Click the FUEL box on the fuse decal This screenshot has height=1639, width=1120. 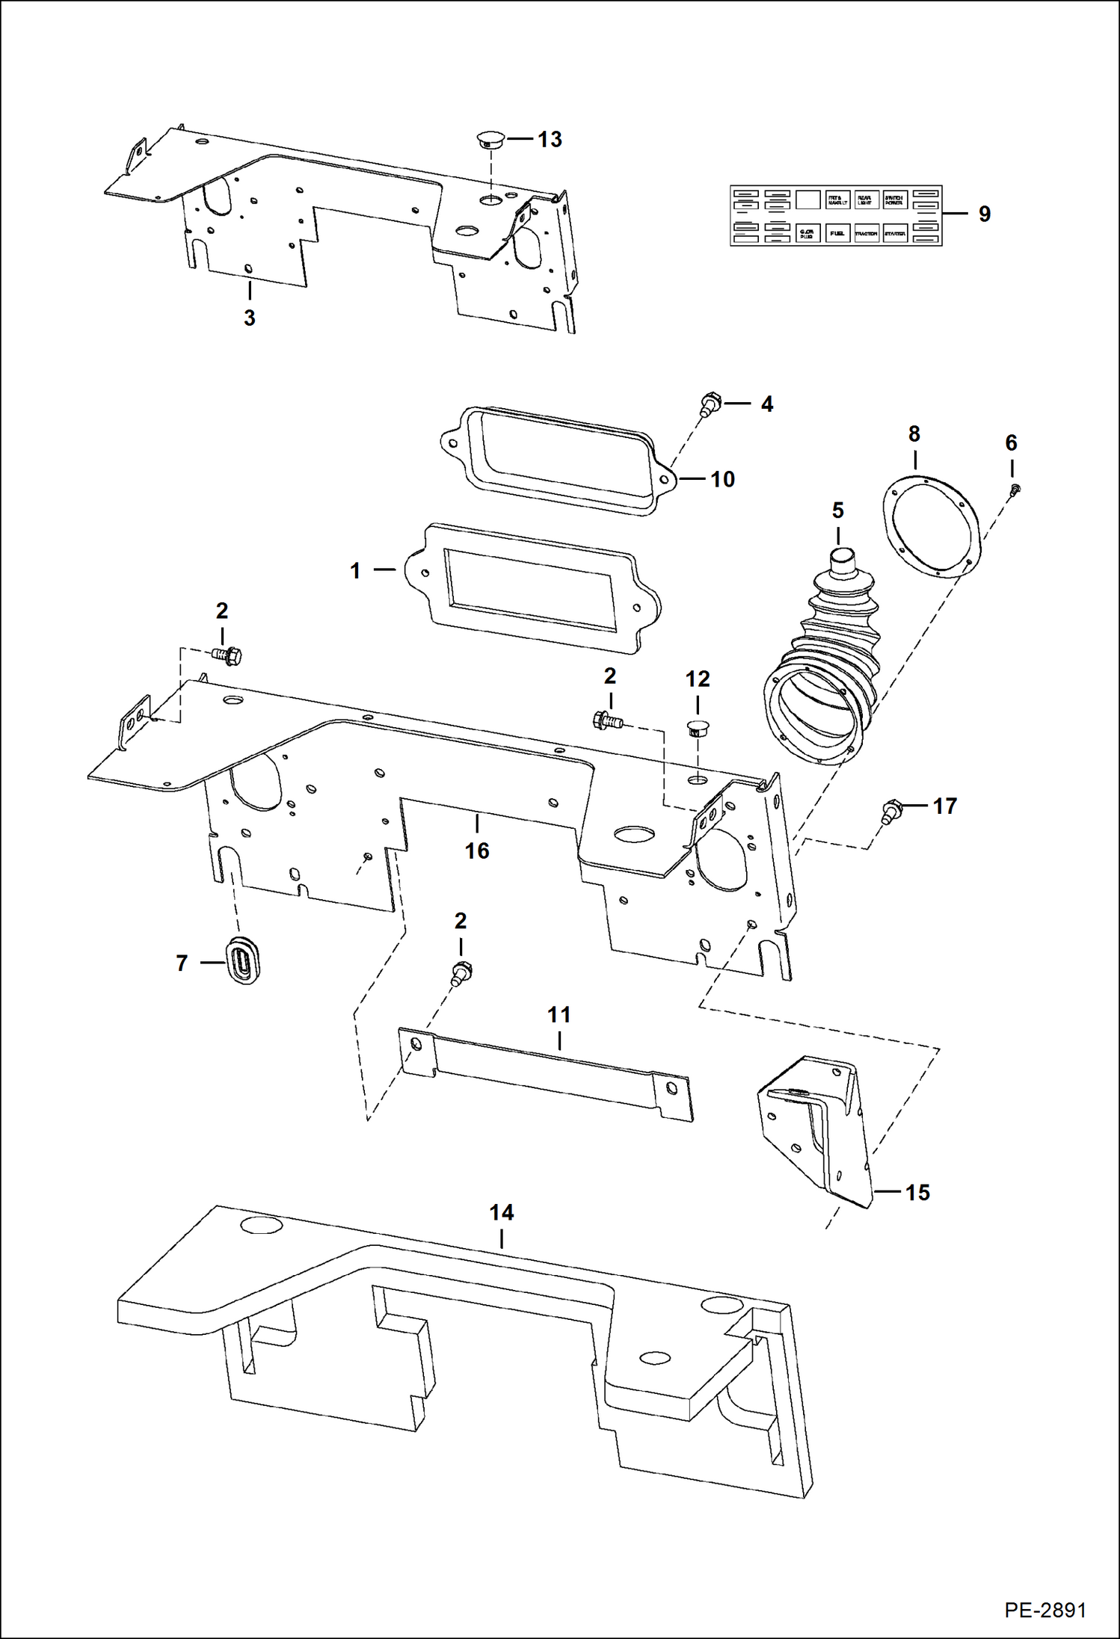[837, 233]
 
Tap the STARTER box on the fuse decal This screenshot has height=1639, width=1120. [895, 233]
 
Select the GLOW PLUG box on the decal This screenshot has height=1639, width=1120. [807, 233]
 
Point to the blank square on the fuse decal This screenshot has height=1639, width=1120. [807, 200]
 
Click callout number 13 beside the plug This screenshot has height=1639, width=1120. [550, 140]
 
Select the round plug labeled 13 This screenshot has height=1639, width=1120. [490, 139]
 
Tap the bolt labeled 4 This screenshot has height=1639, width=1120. [708, 404]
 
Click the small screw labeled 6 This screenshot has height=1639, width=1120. [1015, 490]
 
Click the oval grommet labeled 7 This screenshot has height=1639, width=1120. [241, 958]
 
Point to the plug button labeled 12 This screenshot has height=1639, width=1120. [698, 728]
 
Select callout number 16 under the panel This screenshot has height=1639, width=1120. [477, 851]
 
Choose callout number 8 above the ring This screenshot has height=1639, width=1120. [914, 434]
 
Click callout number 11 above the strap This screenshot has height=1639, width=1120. [559, 1015]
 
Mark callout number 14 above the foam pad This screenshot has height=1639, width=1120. [501, 1212]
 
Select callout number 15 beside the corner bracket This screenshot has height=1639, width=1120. [917, 1192]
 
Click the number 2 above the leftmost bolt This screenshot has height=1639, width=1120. [222, 611]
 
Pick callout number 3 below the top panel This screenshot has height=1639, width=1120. [249, 318]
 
